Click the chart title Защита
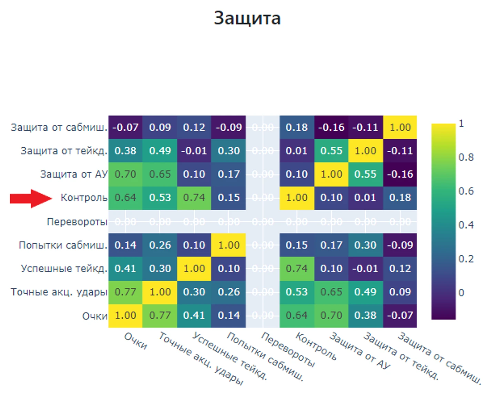(x=247, y=18)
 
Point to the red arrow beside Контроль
(x=31, y=198)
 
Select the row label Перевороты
(x=77, y=222)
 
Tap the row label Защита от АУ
(x=74, y=174)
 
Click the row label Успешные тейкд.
(x=64, y=269)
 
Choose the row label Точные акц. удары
(x=59, y=292)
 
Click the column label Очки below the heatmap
(x=136, y=341)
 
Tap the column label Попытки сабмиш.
(x=265, y=357)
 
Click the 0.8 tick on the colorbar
(x=466, y=157)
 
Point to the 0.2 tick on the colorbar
(x=466, y=259)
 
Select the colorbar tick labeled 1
(x=461, y=124)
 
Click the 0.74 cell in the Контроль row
(x=194, y=198)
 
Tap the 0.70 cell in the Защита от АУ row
(x=125, y=174)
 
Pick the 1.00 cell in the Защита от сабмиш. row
(x=400, y=127)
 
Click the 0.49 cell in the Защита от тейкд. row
(x=160, y=151)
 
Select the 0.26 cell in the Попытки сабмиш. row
(x=160, y=245)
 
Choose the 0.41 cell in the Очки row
(x=194, y=315)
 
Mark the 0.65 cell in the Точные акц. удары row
(x=331, y=292)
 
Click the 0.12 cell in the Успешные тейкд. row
(x=400, y=269)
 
